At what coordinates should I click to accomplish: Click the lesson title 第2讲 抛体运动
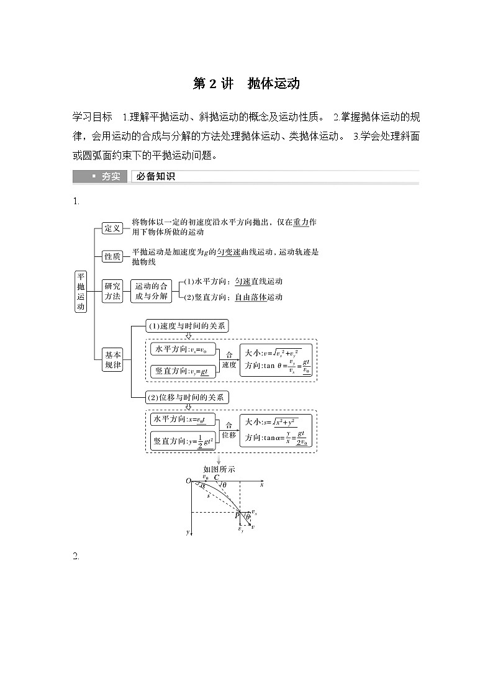tap(246, 84)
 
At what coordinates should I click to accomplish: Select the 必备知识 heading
tap(156, 177)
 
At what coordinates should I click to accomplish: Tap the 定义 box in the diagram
tap(112, 228)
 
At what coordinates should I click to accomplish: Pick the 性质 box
tap(112, 256)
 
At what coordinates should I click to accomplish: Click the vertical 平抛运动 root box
tap(81, 291)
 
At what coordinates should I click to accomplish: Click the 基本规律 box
tap(113, 360)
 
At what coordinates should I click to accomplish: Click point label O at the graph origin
tap(188, 481)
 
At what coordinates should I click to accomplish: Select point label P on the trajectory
tap(237, 516)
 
